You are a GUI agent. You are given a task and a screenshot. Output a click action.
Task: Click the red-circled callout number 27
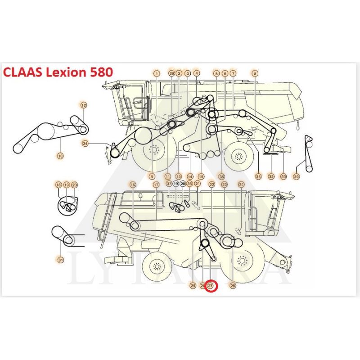coord(211,285)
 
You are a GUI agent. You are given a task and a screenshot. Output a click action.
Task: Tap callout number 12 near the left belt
coord(84,105)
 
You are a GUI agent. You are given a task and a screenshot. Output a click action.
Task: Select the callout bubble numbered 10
coord(60,156)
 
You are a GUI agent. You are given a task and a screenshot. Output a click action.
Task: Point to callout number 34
coord(85,144)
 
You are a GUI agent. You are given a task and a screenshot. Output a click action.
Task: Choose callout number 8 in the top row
coord(255,73)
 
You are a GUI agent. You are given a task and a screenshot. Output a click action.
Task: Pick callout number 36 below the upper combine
coord(258,176)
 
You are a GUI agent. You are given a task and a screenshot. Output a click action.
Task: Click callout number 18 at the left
coord(58,184)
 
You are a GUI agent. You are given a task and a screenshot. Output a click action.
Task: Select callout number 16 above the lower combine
coord(133,184)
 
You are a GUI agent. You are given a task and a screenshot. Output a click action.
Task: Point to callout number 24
coord(241,184)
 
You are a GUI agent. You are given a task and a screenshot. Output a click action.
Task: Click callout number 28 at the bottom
coord(233,285)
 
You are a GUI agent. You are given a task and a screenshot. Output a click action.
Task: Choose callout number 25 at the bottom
coord(193,285)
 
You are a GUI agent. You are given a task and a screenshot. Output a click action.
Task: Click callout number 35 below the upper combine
coord(221,176)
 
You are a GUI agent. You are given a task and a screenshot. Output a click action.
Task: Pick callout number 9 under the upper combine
coord(152,176)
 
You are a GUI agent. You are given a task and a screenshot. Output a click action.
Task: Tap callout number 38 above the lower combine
coord(189,184)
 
